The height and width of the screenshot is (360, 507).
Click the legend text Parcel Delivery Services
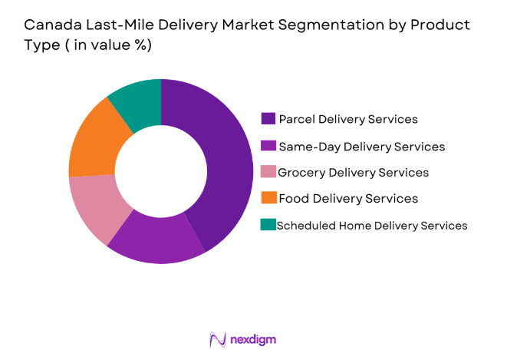pos(348,119)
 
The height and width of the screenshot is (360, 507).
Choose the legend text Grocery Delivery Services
pos(353,172)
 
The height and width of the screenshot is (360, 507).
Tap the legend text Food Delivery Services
pos(348,198)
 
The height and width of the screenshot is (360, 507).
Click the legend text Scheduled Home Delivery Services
pos(371,225)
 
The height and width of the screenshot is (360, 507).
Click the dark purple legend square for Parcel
pos(268,119)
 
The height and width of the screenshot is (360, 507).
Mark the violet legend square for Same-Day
pos(268,146)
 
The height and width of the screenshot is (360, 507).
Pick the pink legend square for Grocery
pos(268,172)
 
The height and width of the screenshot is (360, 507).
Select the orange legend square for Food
pos(268,198)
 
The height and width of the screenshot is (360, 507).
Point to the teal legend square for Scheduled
pos(268,225)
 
